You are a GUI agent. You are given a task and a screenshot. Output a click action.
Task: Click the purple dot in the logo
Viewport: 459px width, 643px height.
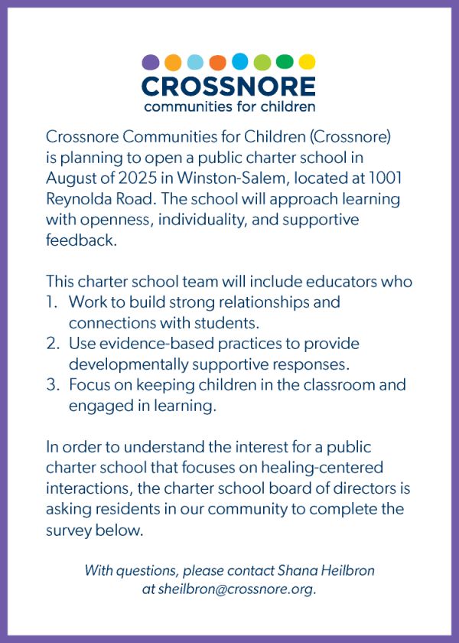(151, 62)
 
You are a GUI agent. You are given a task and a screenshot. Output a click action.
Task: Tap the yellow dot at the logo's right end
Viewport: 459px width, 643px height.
(307, 62)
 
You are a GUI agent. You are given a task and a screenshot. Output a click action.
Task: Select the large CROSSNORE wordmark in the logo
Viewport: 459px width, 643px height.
(229, 85)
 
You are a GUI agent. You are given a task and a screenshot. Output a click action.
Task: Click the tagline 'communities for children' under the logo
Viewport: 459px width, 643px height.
(229, 106)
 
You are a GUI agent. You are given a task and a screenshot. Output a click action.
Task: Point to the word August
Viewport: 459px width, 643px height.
(71, 178)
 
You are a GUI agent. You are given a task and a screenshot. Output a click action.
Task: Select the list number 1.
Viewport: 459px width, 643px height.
(51, 302)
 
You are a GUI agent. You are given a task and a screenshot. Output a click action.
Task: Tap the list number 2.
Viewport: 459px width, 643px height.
(52, 344)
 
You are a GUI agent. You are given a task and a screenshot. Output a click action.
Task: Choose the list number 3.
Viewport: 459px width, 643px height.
(52, 385)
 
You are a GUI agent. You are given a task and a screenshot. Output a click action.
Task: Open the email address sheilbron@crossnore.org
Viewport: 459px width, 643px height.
(237, 589)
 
